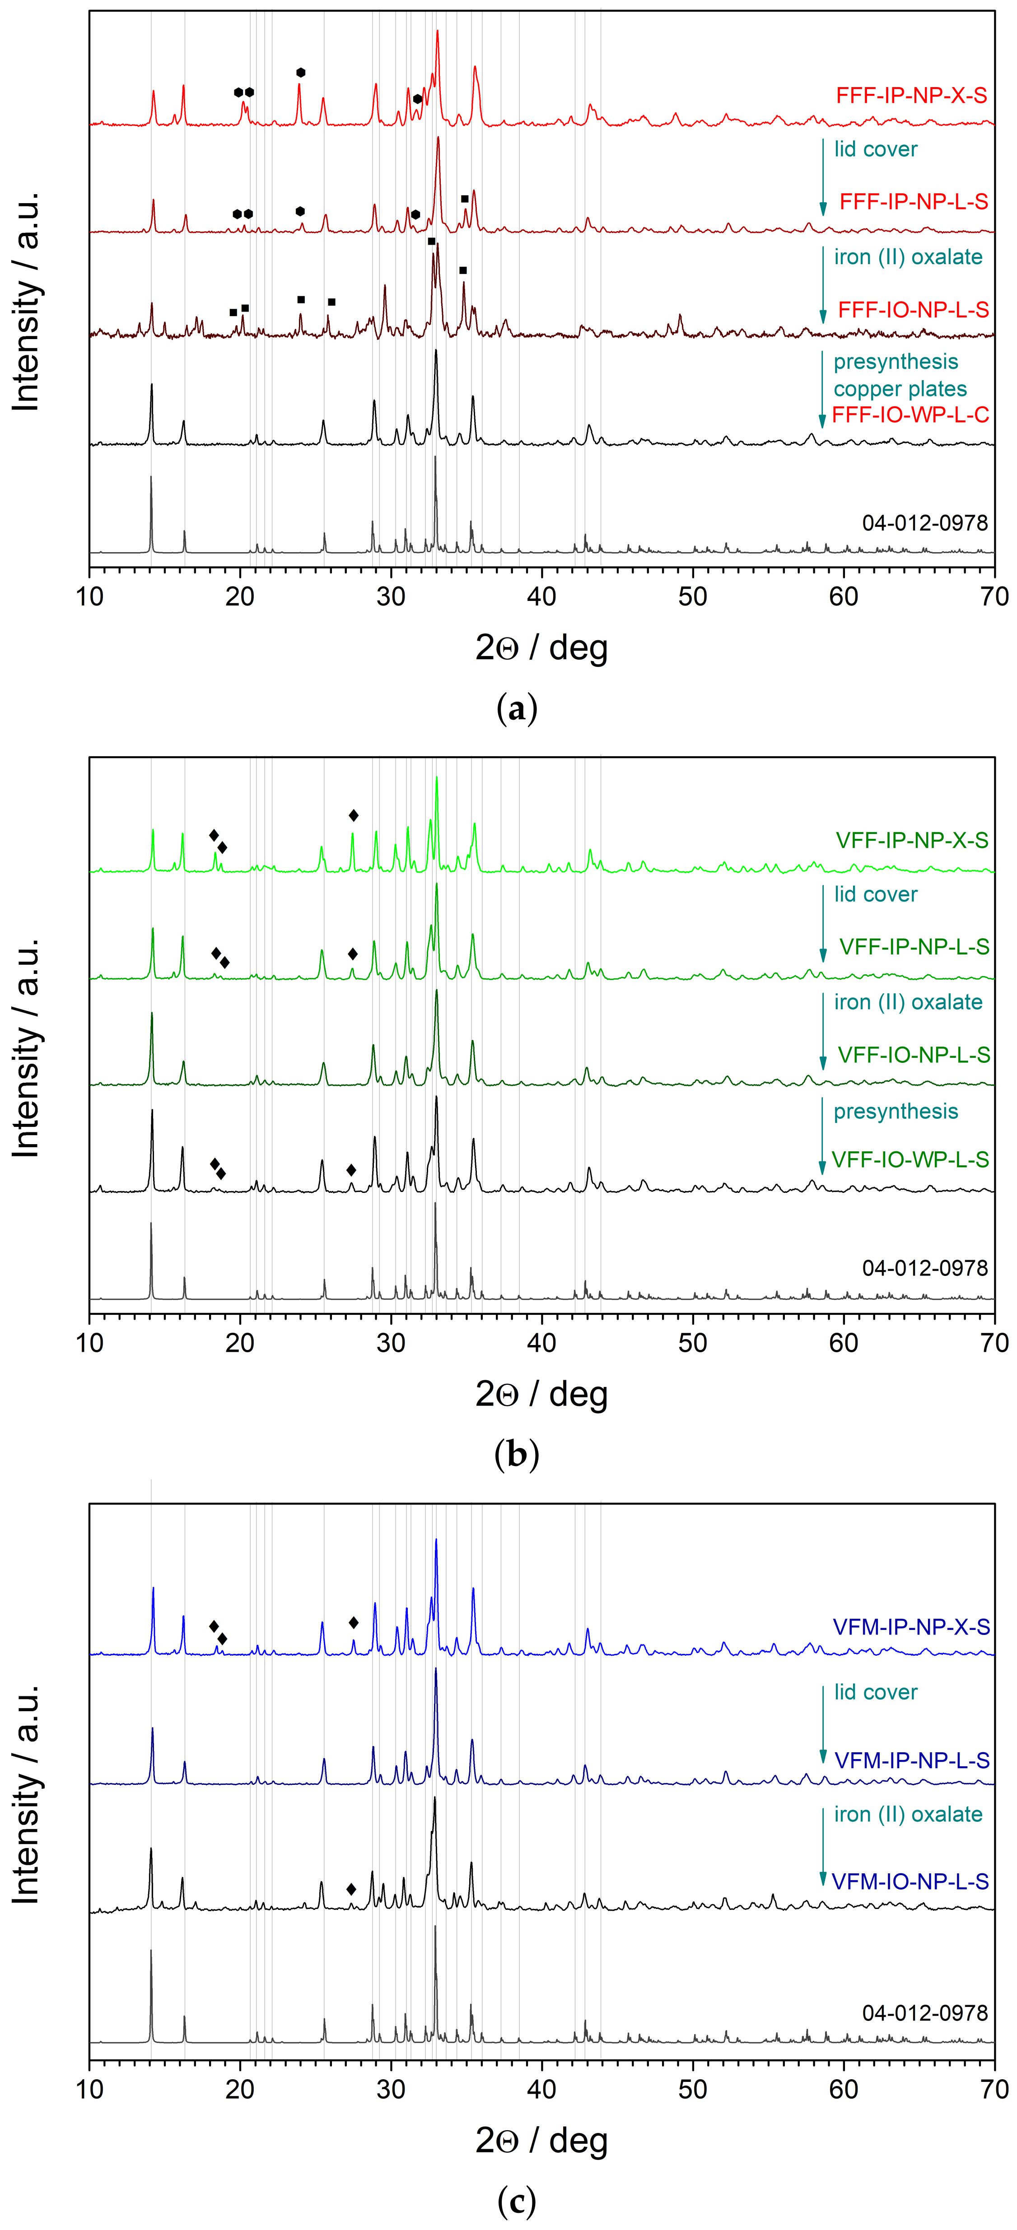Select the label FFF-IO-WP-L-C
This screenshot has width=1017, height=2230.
(910, 414)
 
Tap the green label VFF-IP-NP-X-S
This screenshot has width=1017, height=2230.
(911, 841)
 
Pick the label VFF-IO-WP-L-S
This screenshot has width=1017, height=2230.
(910, 1159)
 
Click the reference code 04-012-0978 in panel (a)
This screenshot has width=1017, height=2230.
(924, 523)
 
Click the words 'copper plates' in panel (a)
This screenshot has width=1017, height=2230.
(900, 389)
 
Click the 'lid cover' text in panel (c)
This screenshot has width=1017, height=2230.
(875, 1692)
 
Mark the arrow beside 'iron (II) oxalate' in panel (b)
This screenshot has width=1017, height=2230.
(822, 1030)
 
